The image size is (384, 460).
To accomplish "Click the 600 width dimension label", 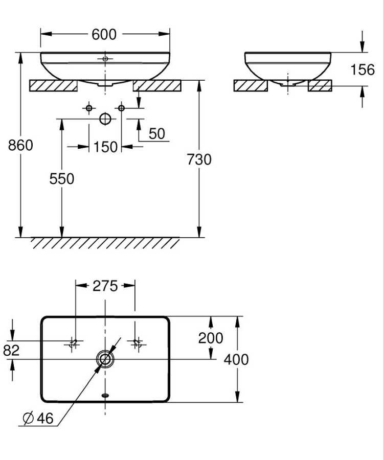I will point(104,34).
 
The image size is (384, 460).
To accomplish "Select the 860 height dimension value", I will point(20,145).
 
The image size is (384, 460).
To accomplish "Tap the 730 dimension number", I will point(199,160).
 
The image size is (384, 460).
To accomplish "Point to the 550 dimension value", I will point(61,179).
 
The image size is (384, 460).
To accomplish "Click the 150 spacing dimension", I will point(105,147).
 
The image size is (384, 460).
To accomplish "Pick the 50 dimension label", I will point(157,134).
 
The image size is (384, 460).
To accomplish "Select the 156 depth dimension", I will point(363,70).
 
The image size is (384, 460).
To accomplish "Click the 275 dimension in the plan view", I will point(105,286).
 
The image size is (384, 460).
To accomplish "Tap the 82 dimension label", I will point(11,350).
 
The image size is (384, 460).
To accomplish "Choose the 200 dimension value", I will point(211,338).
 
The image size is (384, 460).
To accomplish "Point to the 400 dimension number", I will point(236,360).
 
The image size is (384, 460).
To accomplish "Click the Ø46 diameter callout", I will point(38,418).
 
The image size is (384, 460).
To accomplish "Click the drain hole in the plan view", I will point(105,359).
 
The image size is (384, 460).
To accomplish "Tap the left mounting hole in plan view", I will point(74,343).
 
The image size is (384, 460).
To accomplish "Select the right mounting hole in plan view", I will point(136,343).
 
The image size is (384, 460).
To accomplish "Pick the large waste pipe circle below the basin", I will point(105,119).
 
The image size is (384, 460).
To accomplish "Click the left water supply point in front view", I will point(89,108).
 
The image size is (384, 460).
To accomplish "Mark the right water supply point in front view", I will point(121,108).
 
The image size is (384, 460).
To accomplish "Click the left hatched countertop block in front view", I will point(53,86).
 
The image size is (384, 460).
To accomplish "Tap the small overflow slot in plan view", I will point(105,395).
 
